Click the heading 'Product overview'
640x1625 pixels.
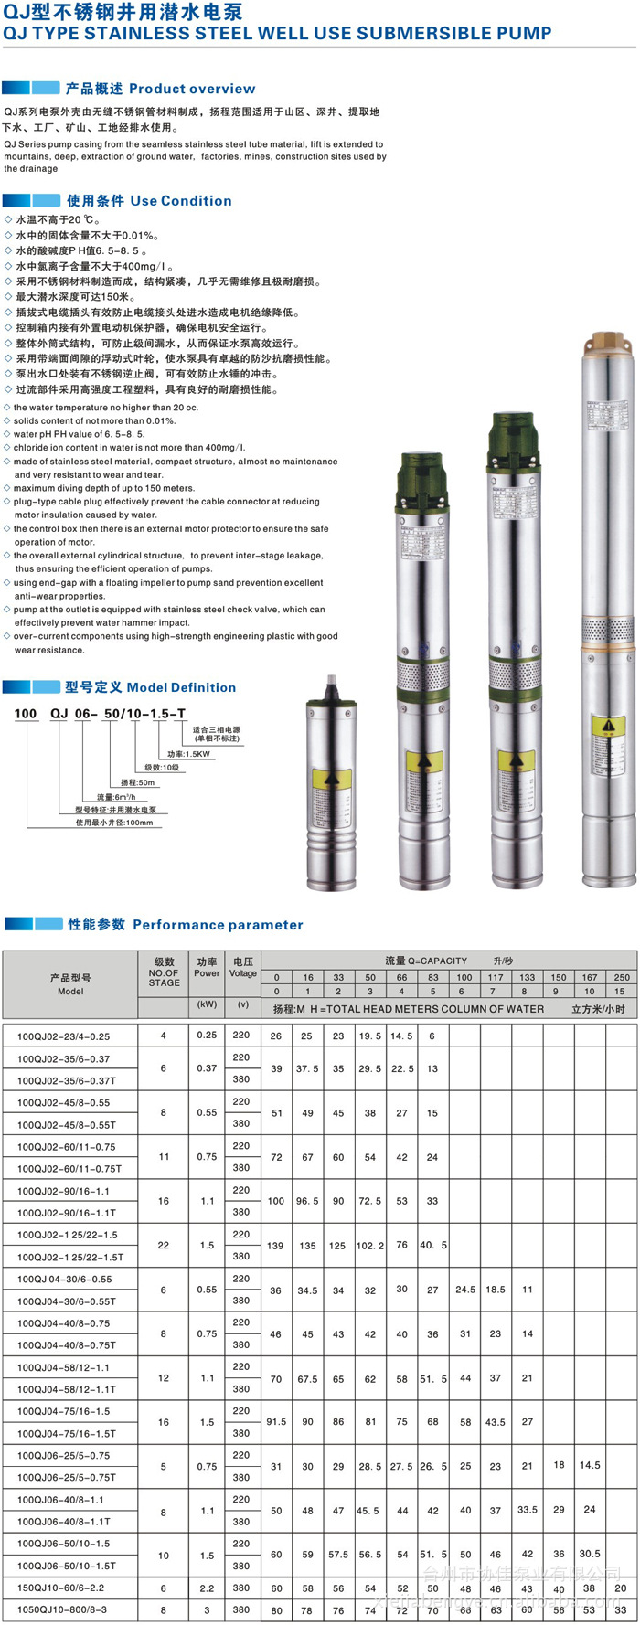[192, 89]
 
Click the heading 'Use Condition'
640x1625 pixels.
[181, 201]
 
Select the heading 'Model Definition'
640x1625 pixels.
[181, 687]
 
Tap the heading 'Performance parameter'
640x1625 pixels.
[218, 925]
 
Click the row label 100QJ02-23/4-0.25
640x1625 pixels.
[63, 1036]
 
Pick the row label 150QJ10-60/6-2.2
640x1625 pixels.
[61, 1588]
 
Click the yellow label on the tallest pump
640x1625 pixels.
[604, 728]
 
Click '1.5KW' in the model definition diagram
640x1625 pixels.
[189, 754]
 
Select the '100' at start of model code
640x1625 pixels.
[26, 714]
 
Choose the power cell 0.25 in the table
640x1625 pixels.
[207, 1036]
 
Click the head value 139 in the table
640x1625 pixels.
[276, 1246]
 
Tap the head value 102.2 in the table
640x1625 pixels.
[370, 1246]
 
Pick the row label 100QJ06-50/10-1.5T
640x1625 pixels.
[67, 1566]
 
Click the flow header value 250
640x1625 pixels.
[622, 977]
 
